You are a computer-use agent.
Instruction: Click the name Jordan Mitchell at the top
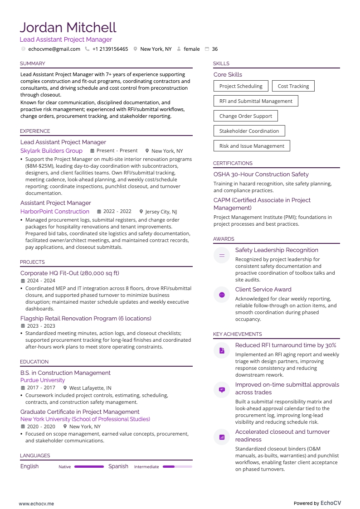coord(68,28)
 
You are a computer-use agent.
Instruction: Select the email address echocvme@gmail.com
coord(54,49)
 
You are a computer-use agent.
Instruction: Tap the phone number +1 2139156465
coord(110,49)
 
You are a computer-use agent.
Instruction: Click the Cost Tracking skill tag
coord(293,86)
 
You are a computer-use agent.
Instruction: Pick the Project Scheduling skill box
coord(241,86)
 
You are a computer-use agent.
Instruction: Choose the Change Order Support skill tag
coord(245,116)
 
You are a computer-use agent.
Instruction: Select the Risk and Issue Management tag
coord(252,146)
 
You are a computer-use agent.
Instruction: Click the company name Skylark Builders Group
coord(51,151)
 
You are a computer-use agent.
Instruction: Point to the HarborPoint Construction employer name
coord(55,211)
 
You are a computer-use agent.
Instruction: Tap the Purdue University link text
coord(43,380)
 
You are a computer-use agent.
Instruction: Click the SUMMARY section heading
coord(33,63)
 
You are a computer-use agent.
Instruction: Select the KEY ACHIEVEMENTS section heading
coord(238,334)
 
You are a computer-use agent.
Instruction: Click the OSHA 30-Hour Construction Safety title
coord(261,174)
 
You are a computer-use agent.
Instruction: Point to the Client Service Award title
coord(263,289)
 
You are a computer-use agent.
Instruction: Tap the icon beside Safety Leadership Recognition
coord(222,256)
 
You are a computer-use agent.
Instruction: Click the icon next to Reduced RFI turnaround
coord(222,351)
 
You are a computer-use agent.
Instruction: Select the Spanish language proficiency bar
coord(177,466)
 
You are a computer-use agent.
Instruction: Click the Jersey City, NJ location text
coord(161,212)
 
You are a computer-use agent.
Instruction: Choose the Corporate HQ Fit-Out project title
coord(70,273)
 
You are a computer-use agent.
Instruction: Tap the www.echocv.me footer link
coord(36,491)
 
